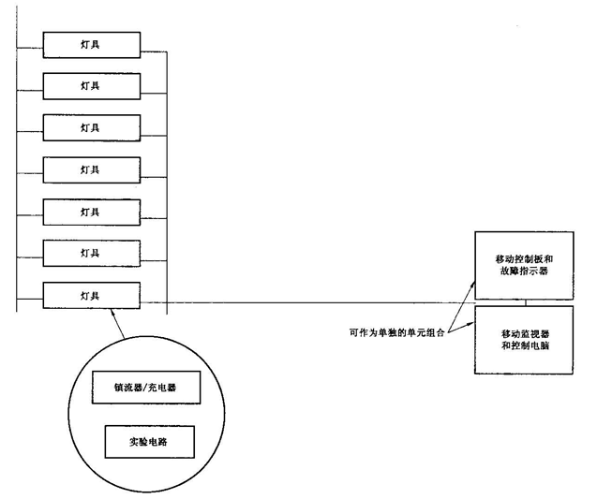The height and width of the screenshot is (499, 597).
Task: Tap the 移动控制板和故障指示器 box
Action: click(523, 263)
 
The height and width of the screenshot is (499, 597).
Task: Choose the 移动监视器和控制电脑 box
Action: click(523, 338)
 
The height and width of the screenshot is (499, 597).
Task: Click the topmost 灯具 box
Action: click(90, 44)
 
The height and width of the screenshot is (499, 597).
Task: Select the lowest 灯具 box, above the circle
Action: click(90, 295)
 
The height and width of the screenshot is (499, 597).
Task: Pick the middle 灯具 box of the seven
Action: click(90, 169)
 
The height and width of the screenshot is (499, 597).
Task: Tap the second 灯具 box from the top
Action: click(90, 86)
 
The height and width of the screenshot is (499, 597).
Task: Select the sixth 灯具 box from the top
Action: click(90, 253)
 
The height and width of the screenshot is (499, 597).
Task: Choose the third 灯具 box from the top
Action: click(90, 127)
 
